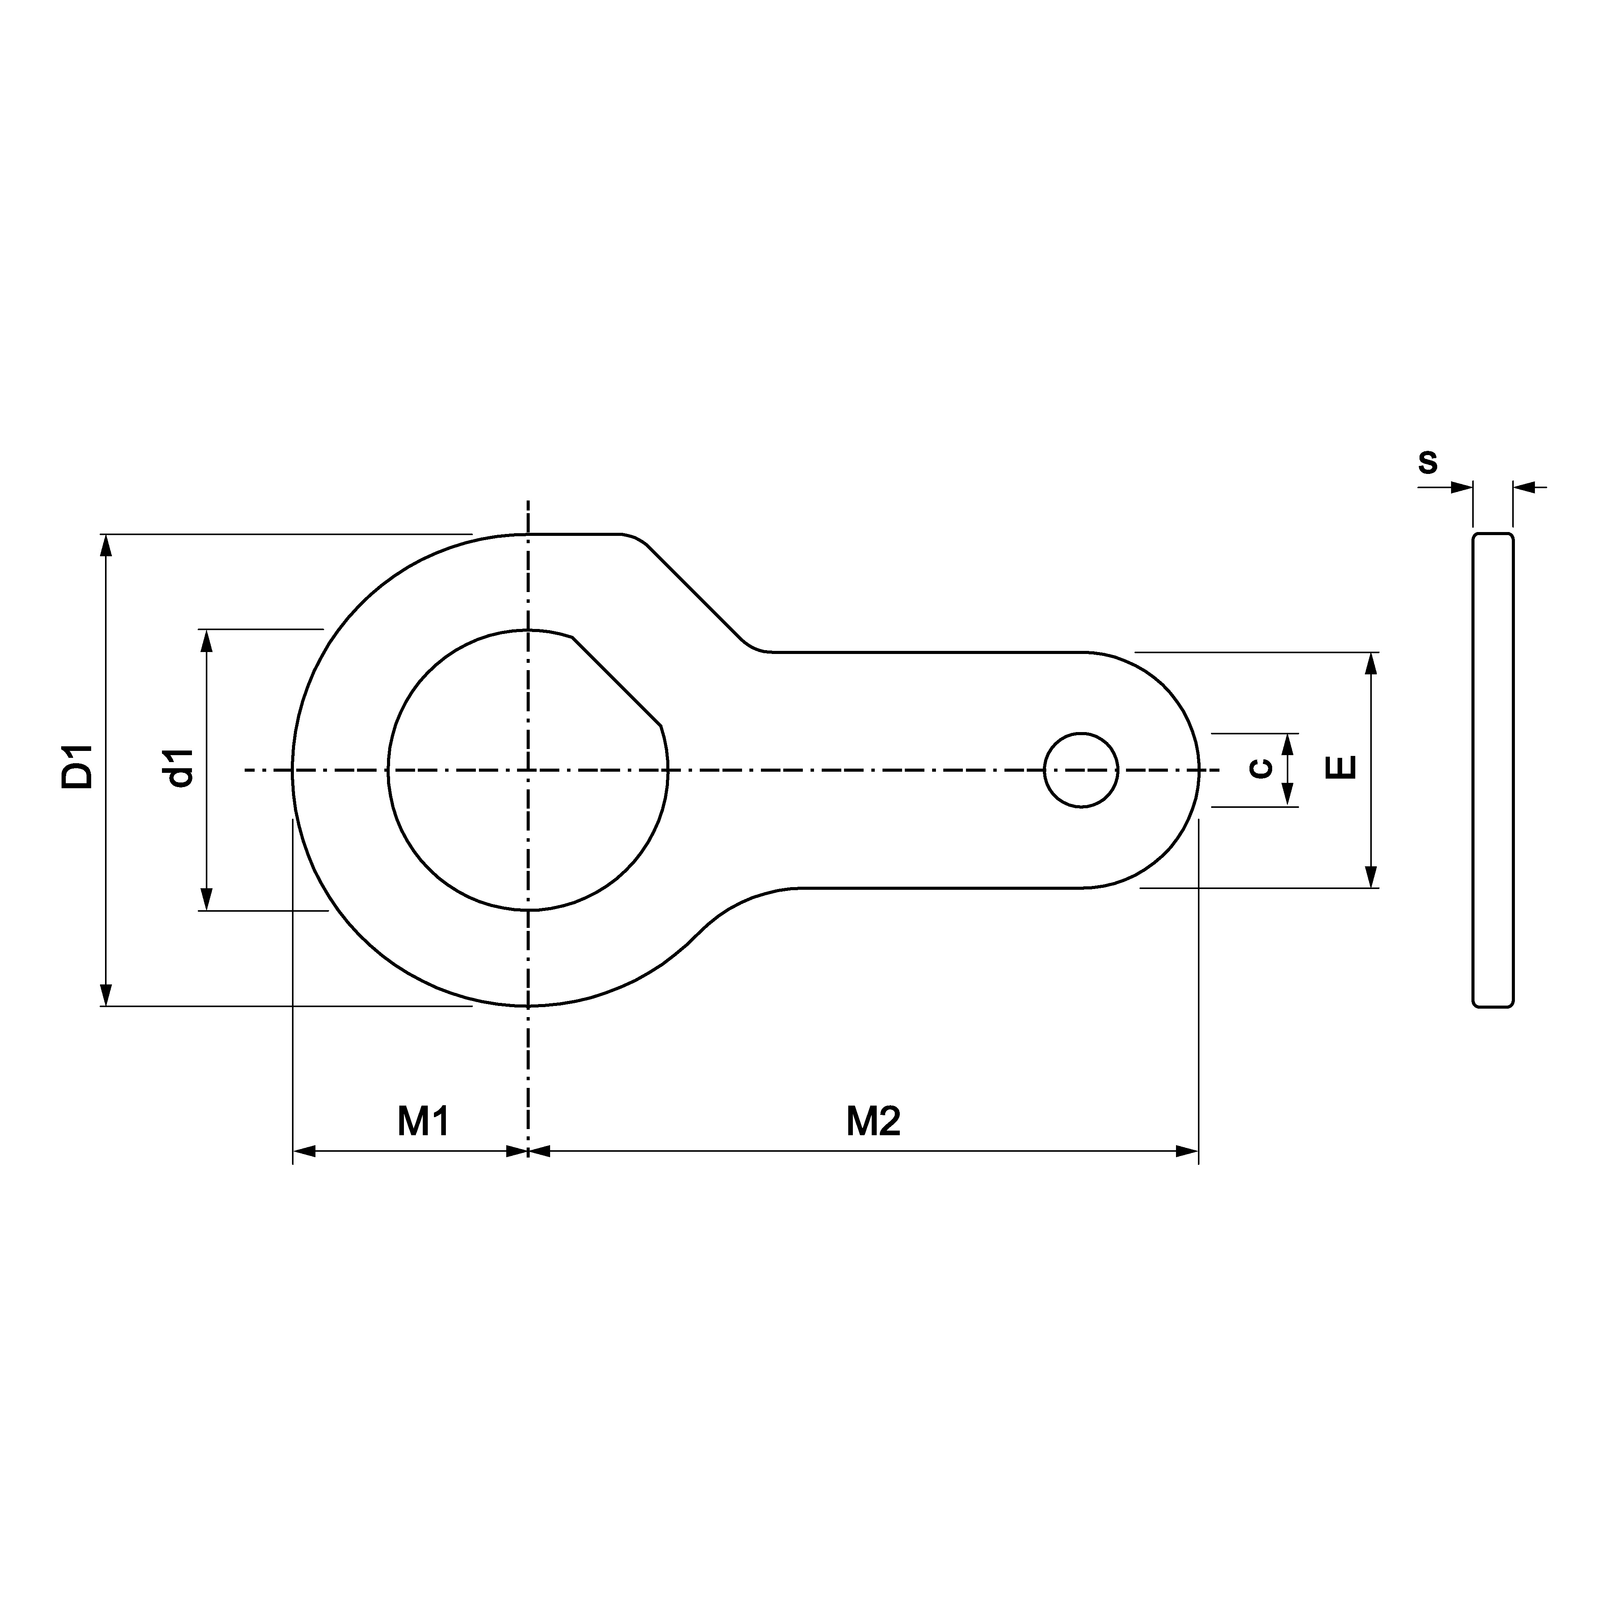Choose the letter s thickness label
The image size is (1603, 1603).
click(1427, 461)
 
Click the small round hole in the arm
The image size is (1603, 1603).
click(1081, 770)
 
